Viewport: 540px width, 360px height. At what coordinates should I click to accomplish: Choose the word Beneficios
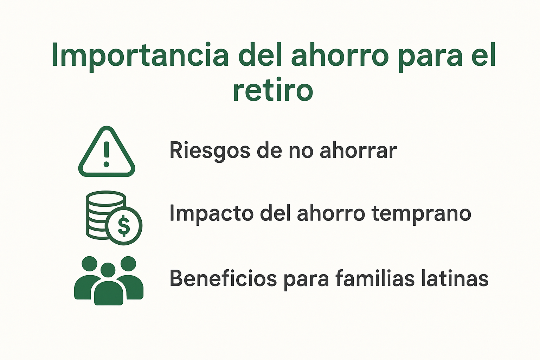pos(223,278)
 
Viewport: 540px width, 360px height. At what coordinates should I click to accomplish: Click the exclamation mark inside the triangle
pos(106,154)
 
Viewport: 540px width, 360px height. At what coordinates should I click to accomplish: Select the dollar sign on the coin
pos(124,226)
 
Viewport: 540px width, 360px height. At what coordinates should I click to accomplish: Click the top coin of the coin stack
pos(106,198)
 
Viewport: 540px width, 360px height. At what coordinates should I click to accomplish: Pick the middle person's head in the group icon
pos(108,270)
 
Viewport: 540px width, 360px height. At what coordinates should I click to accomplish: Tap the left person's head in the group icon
pos(89,264)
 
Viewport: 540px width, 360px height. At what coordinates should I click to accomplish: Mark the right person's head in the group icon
pos(128,264)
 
